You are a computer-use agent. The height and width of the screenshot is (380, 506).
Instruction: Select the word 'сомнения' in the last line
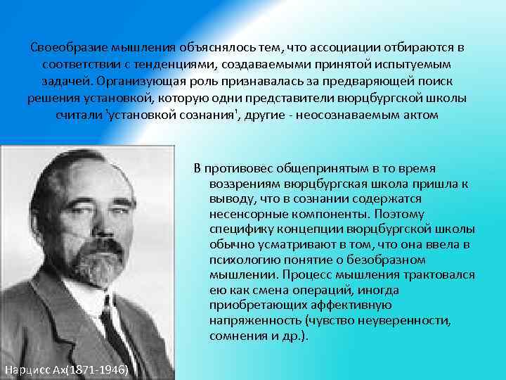[x=237, y=336]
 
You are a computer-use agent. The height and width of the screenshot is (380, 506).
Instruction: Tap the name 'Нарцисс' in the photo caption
[x=27, y=370]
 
